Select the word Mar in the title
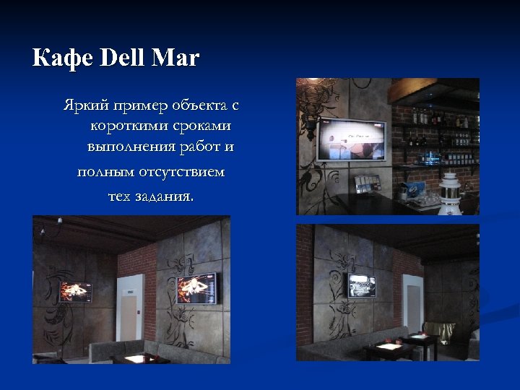point(175,58)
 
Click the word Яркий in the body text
point(82,107)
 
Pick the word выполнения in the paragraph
point(121,147)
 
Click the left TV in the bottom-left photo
point(74,292)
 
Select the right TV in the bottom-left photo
point(196,287)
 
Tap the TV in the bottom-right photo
point(361,285)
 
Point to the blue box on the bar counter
point(414,190)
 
